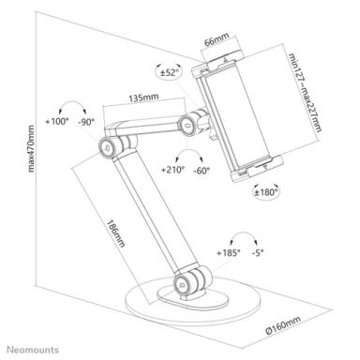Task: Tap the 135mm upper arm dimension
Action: (142, 96)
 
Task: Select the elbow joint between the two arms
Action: (110, 147)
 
